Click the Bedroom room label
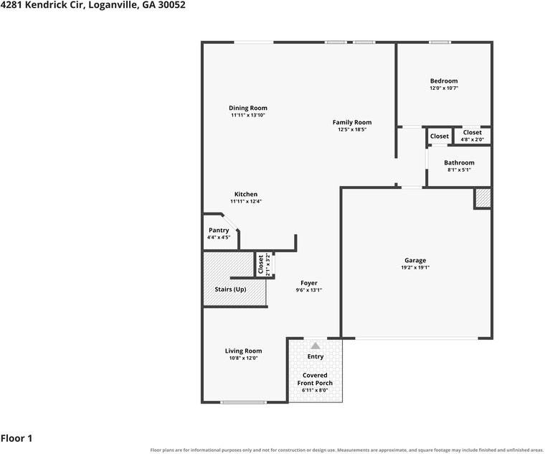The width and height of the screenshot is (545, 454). [x=444, y=81]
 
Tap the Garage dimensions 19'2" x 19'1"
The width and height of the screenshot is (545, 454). [x=415, y=268]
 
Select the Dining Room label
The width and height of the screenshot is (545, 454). [x=248, y=108]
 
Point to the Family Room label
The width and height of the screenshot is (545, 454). [x=352, y=123]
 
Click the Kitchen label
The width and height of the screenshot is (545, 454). [x=246, y=194]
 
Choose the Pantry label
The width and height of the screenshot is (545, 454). [x=219, y=231]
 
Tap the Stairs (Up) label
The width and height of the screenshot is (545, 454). [x=230, y=289]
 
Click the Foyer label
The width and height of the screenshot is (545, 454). [x=308, y=283]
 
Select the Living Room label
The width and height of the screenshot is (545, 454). [x=243, y=351]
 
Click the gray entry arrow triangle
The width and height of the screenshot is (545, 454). [x=316, y=346]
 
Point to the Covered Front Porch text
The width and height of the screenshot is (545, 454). [x=315, y=379]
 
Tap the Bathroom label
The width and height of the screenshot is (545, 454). [x=459, y=163]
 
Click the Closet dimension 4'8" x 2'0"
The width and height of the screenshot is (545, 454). [x=473, y=139]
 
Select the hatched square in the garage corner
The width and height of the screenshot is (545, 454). [x=483, y=198]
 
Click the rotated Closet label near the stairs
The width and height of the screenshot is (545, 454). [x=261, y=264]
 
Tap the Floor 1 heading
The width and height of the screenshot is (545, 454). [x=16, y=438]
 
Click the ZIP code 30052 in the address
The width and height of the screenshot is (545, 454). [x=171, y=5]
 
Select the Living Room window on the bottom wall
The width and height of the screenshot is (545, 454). [x=244, y=402]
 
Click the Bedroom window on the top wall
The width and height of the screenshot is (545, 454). [x=440, y=42]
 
